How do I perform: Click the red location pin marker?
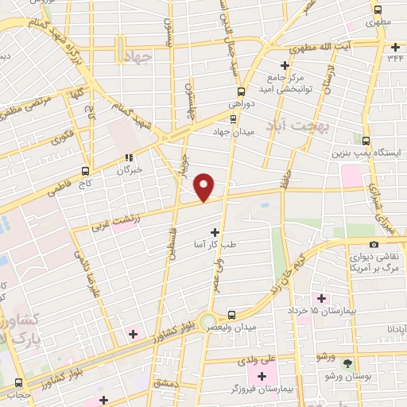click(x=204, y=186)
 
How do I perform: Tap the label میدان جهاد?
click(x=232, y=132)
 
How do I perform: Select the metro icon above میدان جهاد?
click(x=232, y=120)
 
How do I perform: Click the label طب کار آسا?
click(x=214, y=244)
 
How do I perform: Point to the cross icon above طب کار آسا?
click(x=214, y=231)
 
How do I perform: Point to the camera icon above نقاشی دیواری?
click(x=374, y=244)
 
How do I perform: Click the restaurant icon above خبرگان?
click(x=129, y=157)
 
